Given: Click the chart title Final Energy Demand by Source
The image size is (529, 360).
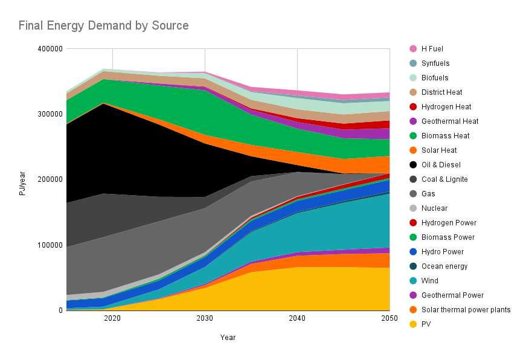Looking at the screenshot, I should [x=103, y=25].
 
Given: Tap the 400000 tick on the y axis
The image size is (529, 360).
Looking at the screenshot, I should [x=50, y=49].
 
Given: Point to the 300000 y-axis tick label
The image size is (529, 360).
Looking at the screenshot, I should [x=50, y=114].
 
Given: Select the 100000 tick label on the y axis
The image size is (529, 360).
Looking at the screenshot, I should [x=50, y=245].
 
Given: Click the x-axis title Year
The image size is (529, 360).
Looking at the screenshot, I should [x=228, y=338].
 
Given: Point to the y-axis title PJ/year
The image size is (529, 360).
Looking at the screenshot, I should [x=22, y=179].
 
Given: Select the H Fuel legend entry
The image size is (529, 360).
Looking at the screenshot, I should [x=432, y=49].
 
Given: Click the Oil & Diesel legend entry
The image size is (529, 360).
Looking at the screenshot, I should [x=440, y=165].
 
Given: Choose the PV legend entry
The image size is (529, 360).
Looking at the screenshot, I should [x=426, y=324].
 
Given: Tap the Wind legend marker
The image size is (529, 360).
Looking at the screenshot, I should [x=413, y=281].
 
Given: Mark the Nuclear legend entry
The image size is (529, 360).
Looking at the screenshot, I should [x=434, y=208].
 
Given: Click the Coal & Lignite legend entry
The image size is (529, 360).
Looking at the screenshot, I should [x=444, y=179].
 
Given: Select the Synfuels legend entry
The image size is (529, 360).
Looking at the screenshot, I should [x=435, y=63].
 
